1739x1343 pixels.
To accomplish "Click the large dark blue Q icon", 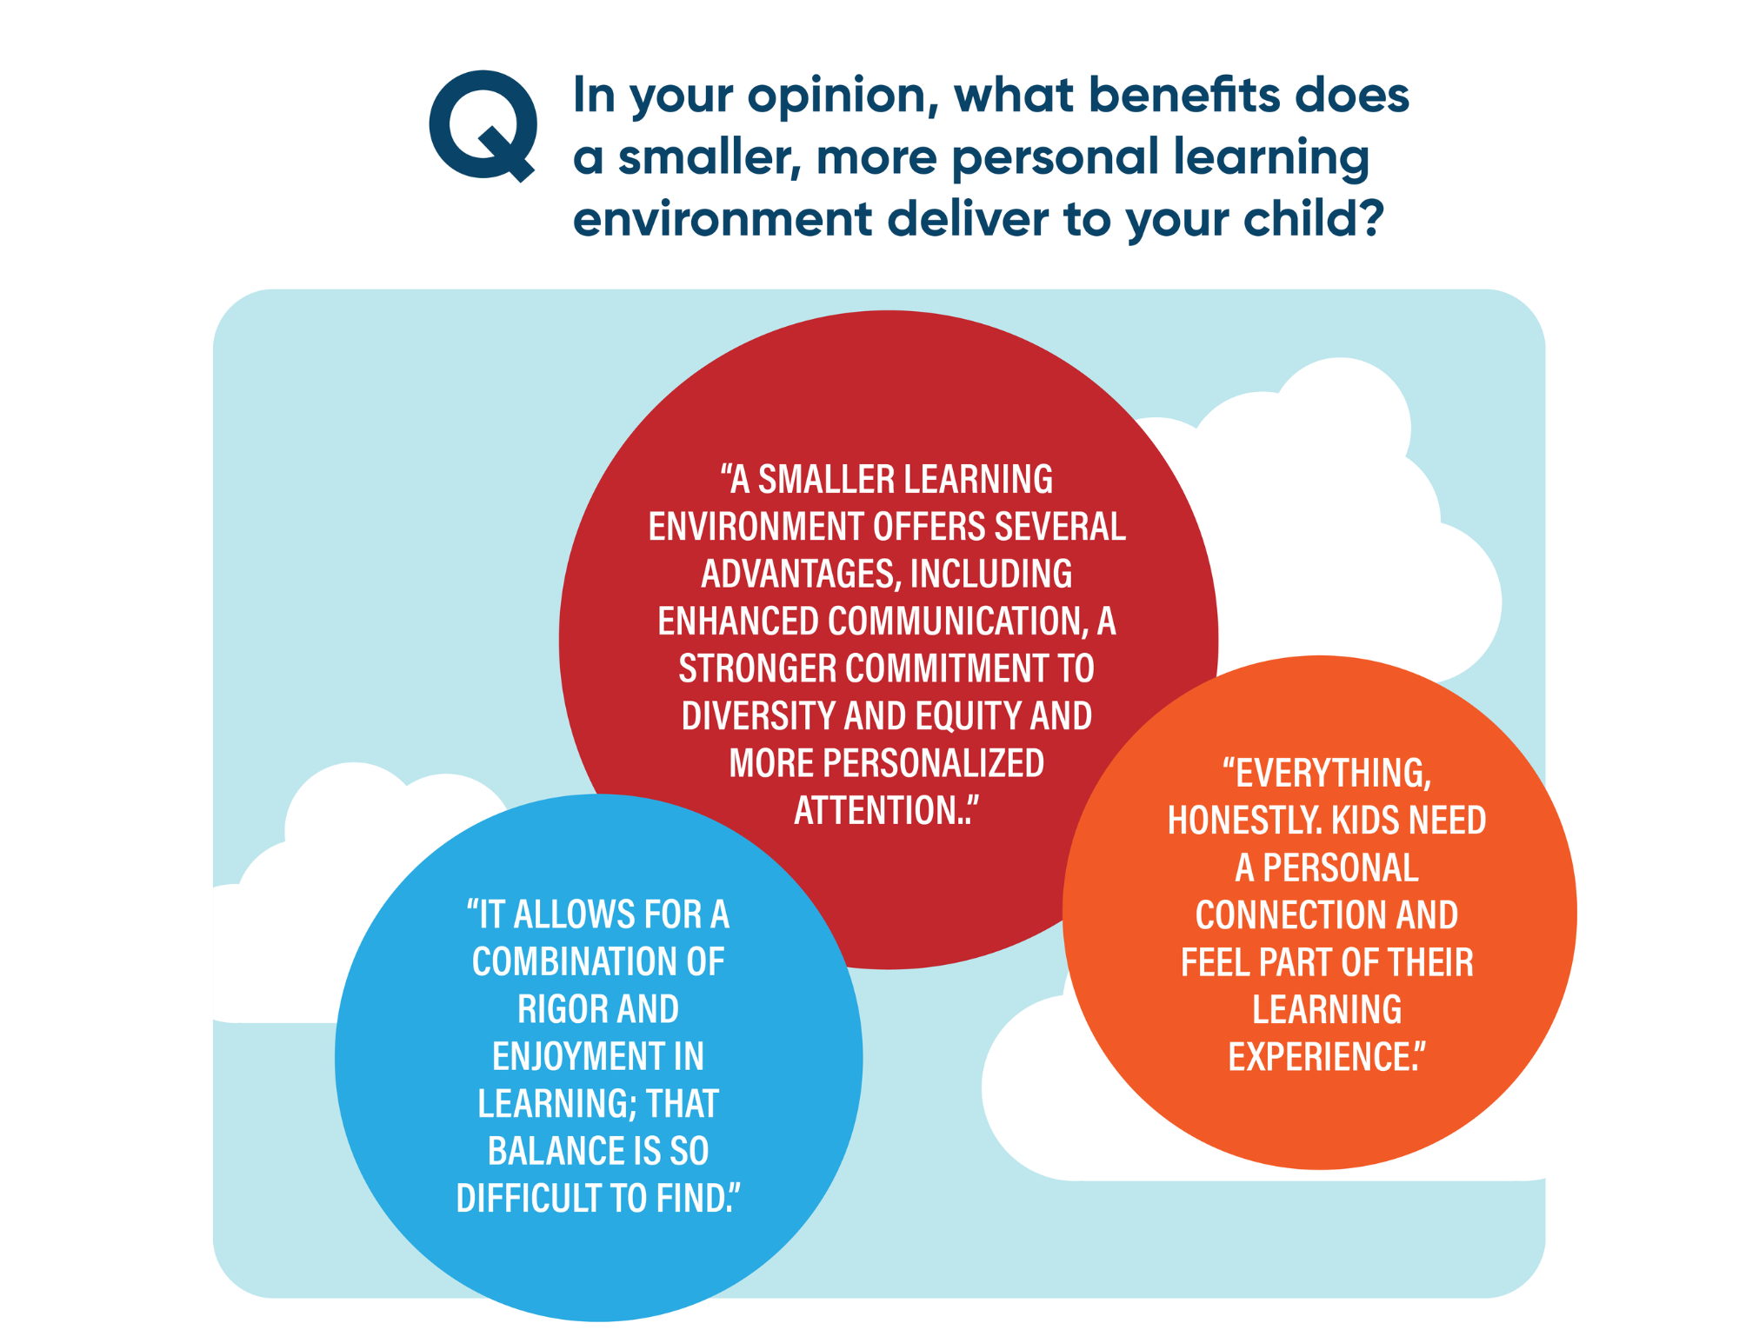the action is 483,125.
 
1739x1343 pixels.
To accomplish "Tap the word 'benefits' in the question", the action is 1183,93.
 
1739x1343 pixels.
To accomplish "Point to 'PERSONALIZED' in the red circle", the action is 933,763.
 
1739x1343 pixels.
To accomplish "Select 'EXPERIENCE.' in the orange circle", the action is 1323,1057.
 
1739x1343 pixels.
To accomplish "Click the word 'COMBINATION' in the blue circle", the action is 574,962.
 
